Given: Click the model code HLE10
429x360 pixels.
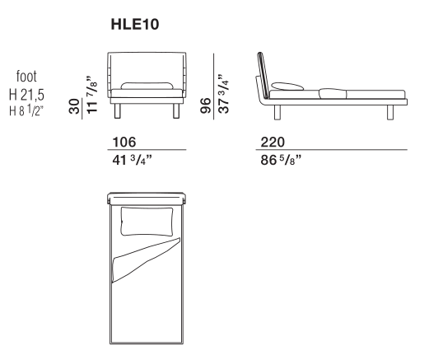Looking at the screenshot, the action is pyautogui.click(x=135, y=24).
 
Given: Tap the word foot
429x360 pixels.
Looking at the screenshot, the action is pyautogui.click(x=26, y=76).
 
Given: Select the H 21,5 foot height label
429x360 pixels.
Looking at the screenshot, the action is pyautogui.click(x=26, y=95).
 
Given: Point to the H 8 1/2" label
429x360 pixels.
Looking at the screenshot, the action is pyautogui.click(x=26, y=111).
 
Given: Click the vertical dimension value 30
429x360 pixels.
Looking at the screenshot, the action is pyautogui.click(x=74, y=106).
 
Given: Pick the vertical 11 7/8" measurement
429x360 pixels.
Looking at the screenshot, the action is pyautogui.click(x=92, y=94).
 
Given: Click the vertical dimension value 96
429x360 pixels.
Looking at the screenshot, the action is pyautogui.click(x=206, y=105).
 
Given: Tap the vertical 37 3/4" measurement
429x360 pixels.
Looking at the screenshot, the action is pyautogui.click(x=224, y=93).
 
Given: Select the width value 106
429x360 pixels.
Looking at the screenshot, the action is pyautogui.click(x=124, y=143).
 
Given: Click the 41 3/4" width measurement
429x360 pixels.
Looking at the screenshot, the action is pyautogui.click(x=132, y=160).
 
